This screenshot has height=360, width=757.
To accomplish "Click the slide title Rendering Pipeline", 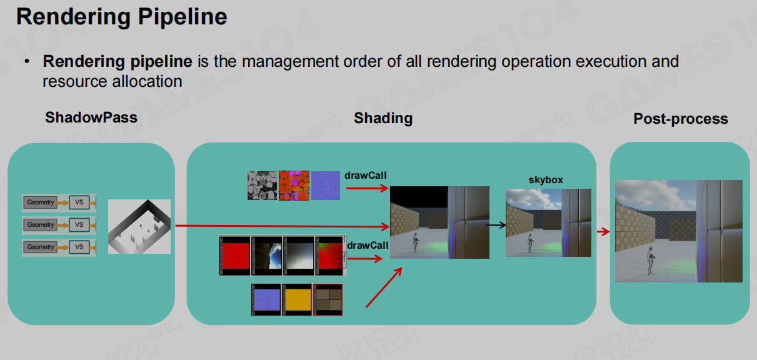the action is tap(122, 17).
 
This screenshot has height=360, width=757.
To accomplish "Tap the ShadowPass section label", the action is tap(91, 117).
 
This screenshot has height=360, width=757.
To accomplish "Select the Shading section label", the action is tap(383, 118).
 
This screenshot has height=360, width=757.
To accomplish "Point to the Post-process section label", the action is tap(681, 119).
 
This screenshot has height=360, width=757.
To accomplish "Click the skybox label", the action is tap(546, 180).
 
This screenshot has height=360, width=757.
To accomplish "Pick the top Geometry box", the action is tap(40, 202).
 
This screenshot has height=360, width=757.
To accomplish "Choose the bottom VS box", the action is tap(79, 247).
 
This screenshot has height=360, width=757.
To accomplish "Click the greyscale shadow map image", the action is tap(139, 226).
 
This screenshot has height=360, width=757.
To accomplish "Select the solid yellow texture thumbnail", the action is tap(297, 299).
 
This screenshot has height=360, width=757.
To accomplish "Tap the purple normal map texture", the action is tap(326, 185).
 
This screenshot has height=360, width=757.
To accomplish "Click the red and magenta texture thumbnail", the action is tap(294, 185).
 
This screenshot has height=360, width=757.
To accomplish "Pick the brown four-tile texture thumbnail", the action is tap(328, 299).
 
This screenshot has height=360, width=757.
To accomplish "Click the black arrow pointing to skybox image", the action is tap(496, 225).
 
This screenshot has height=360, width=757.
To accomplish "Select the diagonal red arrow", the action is tap(384, 287).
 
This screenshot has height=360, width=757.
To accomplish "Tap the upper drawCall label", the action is tap(365, 176).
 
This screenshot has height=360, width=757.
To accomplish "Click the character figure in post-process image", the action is tap(650, 260).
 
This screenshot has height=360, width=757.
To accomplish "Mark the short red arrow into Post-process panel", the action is tap(603, 231).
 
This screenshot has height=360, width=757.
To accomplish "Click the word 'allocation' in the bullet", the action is tap(148, 81).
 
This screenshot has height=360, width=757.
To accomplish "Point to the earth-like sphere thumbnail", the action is tap(267, 256).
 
